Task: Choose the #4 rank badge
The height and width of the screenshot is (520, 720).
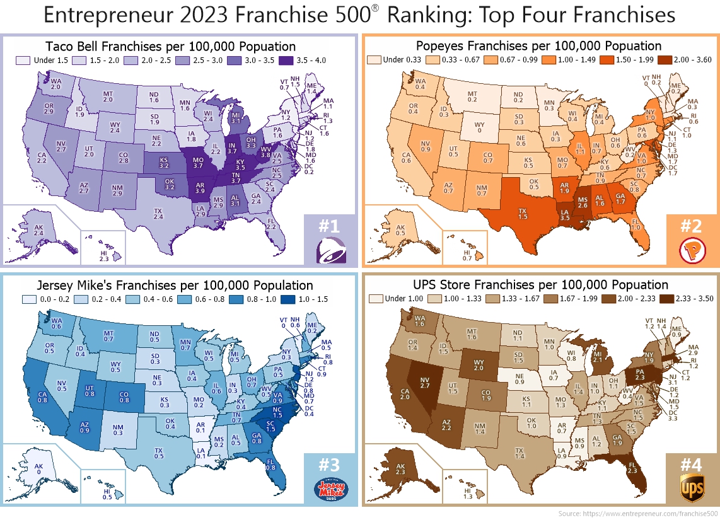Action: (x=692, y=465)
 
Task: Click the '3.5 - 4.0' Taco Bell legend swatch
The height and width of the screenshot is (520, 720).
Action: (x=284, y=61)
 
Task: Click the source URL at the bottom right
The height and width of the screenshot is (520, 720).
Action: (x=637, y=514)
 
